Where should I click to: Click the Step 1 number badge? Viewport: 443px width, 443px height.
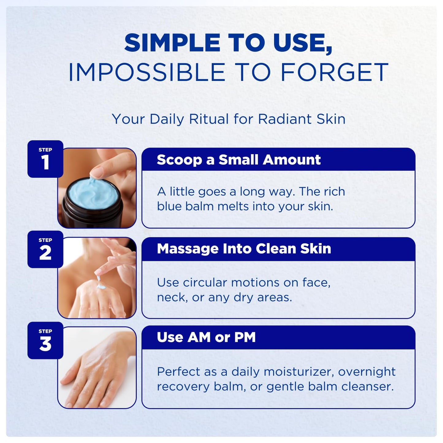[45, 159]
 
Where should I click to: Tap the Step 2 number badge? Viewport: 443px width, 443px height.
[45, 249]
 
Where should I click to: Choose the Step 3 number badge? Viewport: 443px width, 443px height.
[45, 341]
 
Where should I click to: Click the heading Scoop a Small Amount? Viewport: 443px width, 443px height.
[239, 160]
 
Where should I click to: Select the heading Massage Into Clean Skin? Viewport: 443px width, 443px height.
[244, 249]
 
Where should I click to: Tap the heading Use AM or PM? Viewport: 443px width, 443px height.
[206, 337]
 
